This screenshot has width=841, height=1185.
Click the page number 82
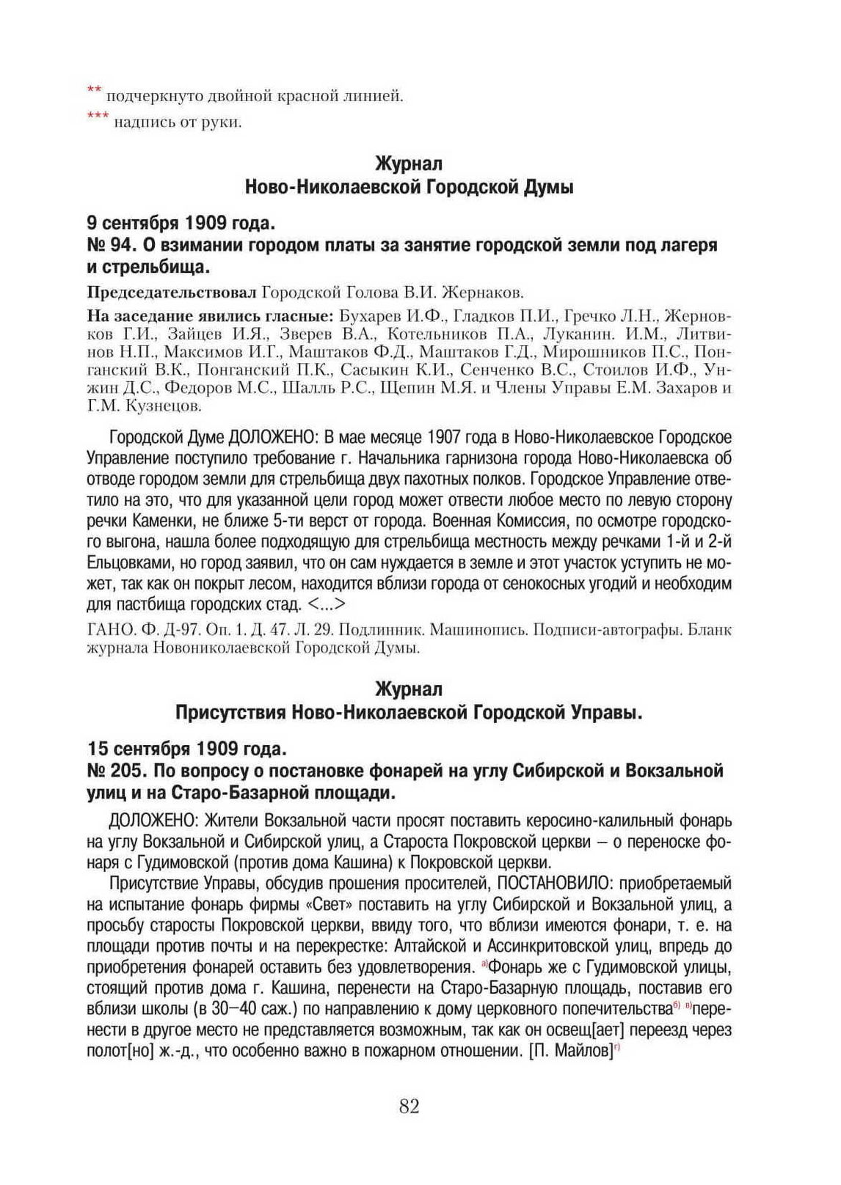coord(409,1107)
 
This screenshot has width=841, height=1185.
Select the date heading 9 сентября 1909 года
coord(181,222)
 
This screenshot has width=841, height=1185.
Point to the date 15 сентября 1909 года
coord(186,749)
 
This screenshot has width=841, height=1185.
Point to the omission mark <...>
coord(325,604)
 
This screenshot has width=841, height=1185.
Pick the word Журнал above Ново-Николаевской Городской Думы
coord(409,163)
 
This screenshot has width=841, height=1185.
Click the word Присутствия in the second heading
coord(230,712)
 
